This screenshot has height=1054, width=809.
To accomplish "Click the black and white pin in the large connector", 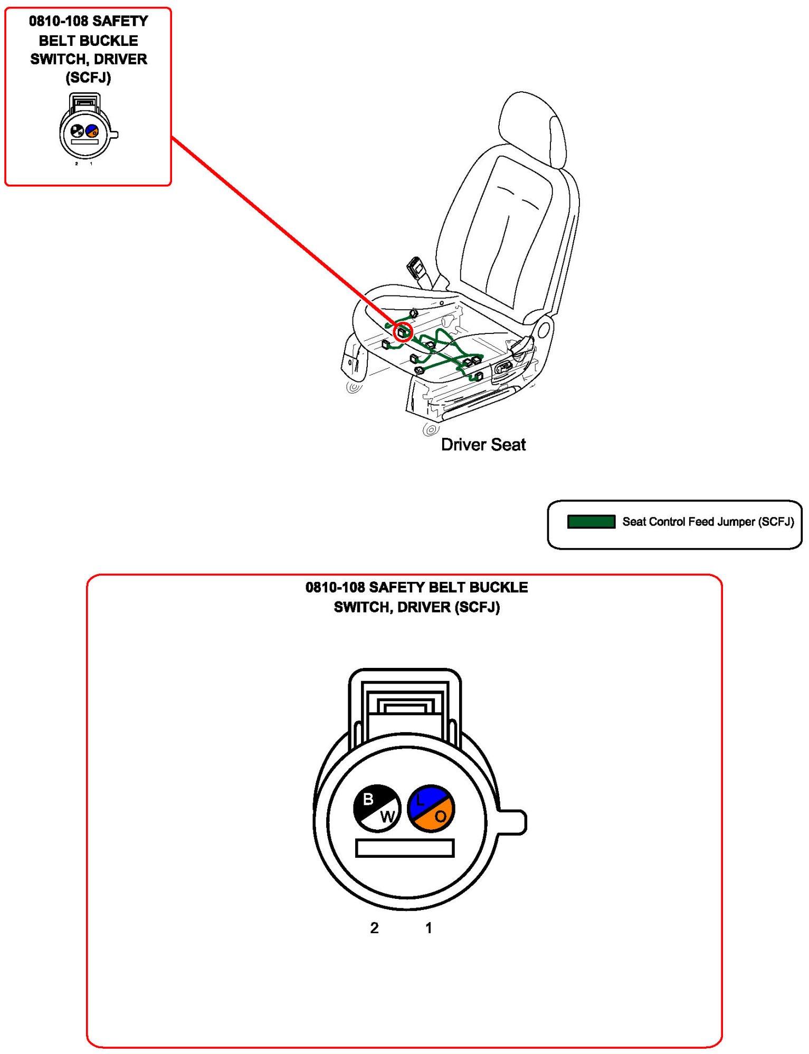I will pyautogui.click(x=377, y=808).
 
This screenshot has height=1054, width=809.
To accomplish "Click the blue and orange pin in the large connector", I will pyautogui.click(x=431, y=808).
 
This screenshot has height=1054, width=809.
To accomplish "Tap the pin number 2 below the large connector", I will pyautogui.click(x=374, y=928).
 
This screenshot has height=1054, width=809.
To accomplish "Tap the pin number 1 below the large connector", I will pyautogui.click(x=429, y=928).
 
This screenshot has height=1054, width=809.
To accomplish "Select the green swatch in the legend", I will pyautogui.click(x=591, y=522).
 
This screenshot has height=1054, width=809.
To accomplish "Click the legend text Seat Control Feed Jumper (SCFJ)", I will pyautogui.click(x=708, y=522).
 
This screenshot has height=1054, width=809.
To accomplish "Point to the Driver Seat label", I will pyautogui.click(x=483, y=445).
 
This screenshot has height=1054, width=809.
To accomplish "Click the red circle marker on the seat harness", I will pyautogui.click(x=403, y=332).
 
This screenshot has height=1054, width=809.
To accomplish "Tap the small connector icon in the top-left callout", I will pyautogui.click(x=86, y=128).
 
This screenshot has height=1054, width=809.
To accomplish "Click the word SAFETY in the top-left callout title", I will pyautogui.click(x=120, y=21).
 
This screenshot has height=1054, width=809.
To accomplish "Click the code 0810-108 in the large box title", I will pyautogui.click(x=335, y=587).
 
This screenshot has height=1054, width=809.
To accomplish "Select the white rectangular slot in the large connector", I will pyautogui.click(x=405, y=848).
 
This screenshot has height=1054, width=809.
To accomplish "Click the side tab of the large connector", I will pyautogui.click(x=512, y=822).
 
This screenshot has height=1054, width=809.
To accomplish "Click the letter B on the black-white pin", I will pyautogui.click(x=368, y=800).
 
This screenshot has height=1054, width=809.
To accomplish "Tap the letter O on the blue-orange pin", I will pyautogui.click(x=441, y=817).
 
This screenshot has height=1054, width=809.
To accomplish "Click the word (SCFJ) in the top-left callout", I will pyautogui.click(x=88, y=78).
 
